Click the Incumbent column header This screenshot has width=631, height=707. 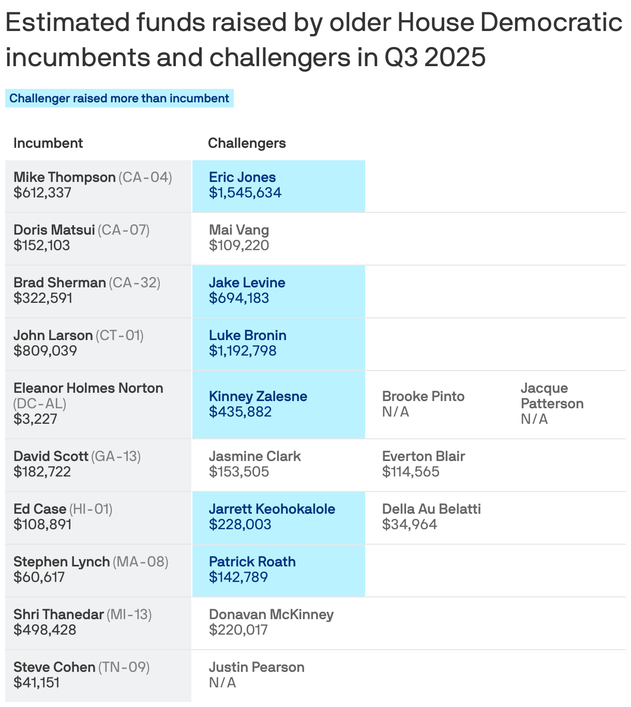[x=48, y=143]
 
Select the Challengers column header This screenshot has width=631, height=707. [x=247, y=143]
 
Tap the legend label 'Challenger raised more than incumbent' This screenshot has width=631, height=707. [x=119, y=98]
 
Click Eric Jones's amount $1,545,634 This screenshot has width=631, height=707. [x=245, y=193]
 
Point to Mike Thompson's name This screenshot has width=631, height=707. [x=65, y=177]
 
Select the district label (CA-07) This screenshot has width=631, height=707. [x=124, y=230]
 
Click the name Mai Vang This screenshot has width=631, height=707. [x=239, y=230]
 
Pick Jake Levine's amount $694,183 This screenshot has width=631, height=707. [x=239, y=298]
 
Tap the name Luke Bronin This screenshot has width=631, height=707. [x=248, y=335]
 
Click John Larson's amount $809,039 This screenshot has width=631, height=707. [x=46, y=351]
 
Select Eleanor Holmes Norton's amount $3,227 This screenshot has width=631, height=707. [x=35, y=419]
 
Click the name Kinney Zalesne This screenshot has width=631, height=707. [x=258, y=396]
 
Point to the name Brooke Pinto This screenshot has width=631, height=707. [x=423, y=396]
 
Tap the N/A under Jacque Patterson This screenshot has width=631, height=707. [x=534, y=419]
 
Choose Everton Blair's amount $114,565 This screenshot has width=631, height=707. [x=411, y=472]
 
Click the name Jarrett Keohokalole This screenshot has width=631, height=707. [x=272, y=509]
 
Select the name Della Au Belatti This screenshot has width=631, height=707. [x=431, y=509]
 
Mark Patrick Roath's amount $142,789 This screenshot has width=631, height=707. [x=238, y=577]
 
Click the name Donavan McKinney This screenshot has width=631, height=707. [x=271, y=614]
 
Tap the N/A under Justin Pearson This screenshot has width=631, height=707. [x=222, y=683]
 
